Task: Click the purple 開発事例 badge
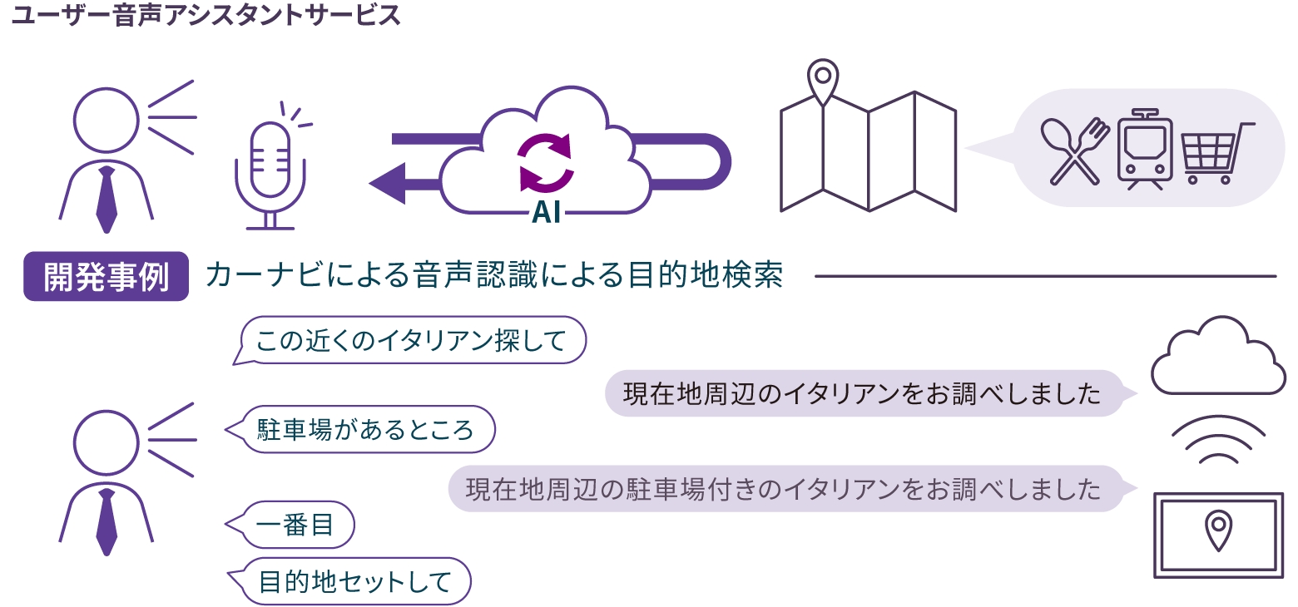[x=106, y=276]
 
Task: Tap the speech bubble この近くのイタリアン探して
[x=411, y=340]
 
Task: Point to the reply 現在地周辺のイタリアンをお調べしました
[x=862, y=393]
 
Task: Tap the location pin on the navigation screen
[x=1218, y=531]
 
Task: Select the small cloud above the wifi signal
[x=1217, y=358]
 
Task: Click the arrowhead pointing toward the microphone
[x=387, y=183]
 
